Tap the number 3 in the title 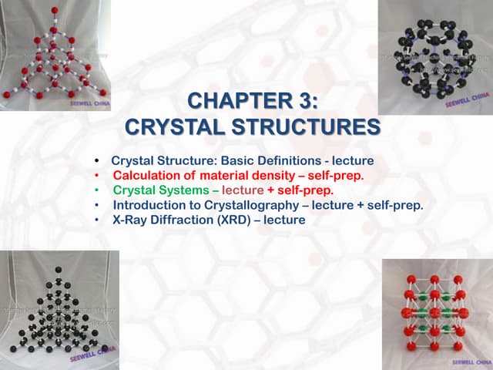pos(306,102)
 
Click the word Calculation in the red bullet pos(145,176)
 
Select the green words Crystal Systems pos(160,190)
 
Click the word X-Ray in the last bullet pos(129,220)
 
